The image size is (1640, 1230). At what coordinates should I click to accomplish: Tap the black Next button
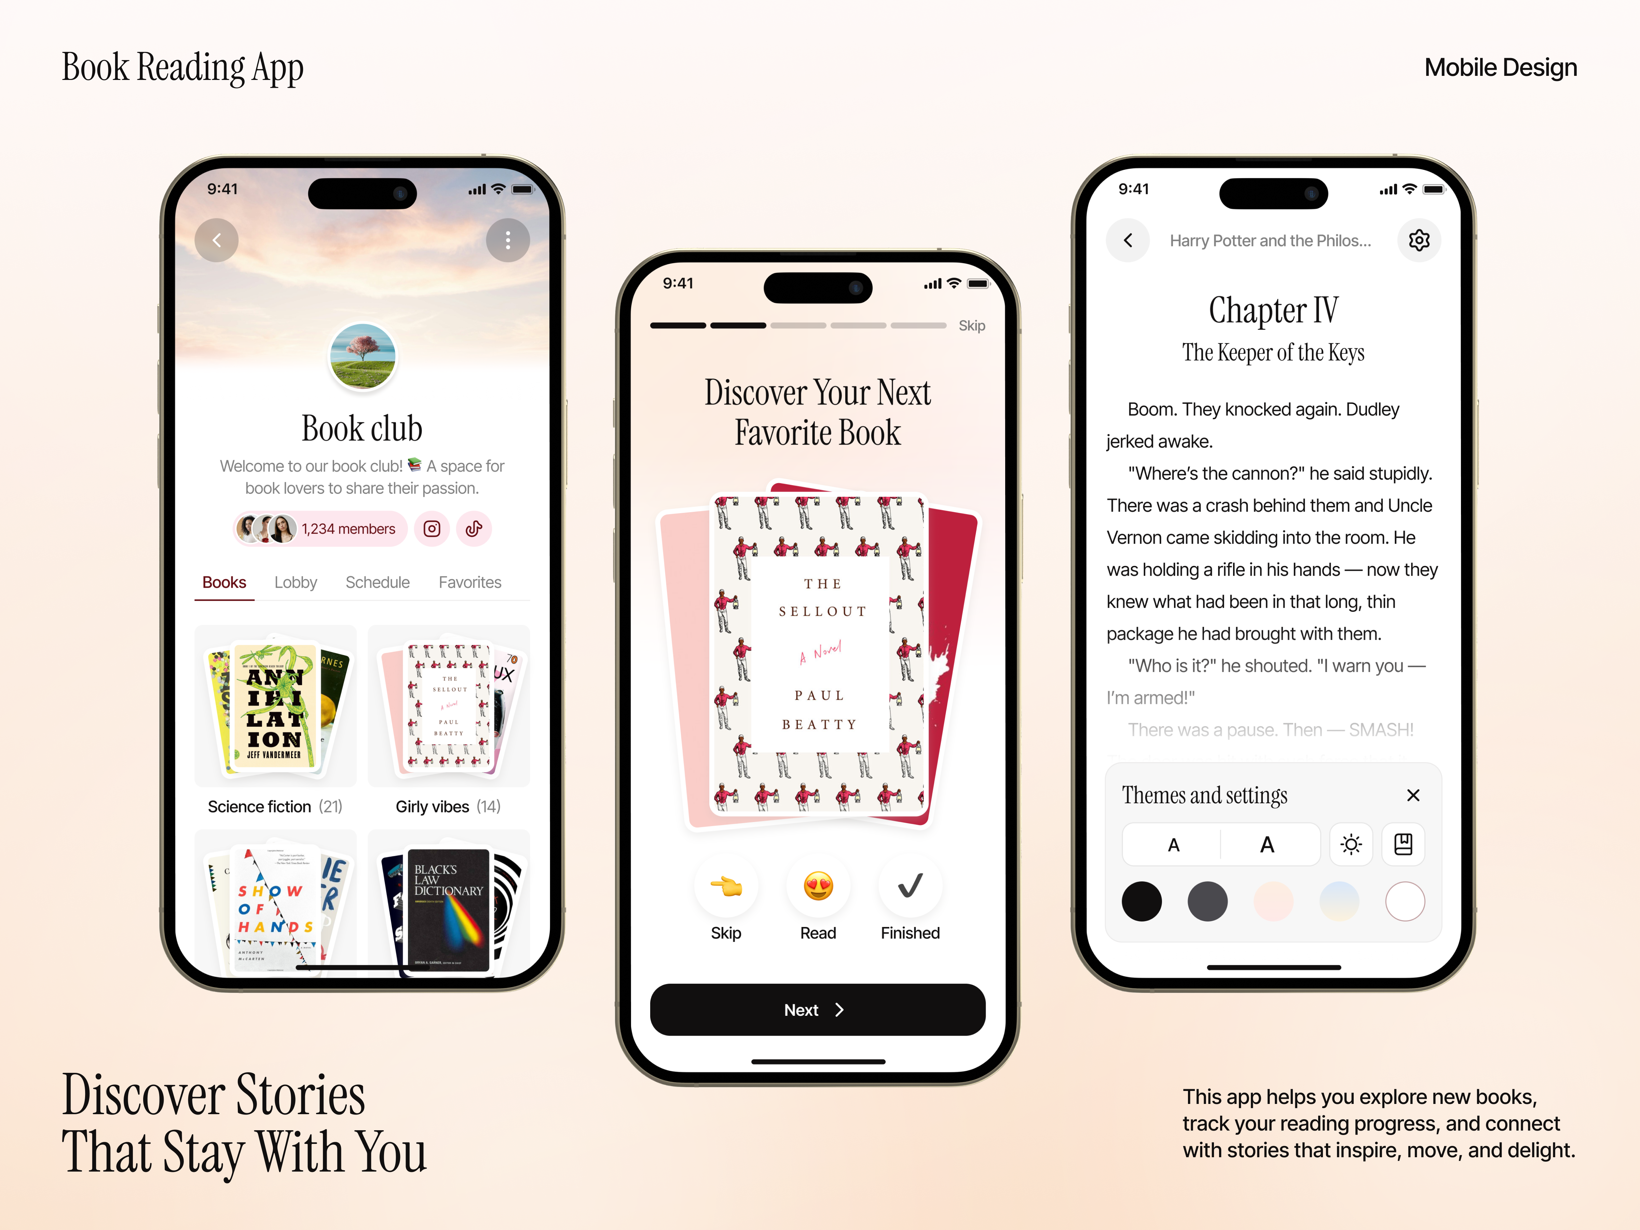[x=817, y=1010]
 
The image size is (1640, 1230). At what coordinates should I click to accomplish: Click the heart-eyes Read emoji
[x=818, y=886]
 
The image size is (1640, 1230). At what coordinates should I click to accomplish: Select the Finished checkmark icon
[x=910, y=886]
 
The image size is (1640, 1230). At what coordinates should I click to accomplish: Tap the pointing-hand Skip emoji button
[x=726, y=886]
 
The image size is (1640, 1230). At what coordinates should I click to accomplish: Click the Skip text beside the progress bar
[x=971, y=326]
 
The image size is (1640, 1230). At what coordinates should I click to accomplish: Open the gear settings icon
[x=1418, y=240]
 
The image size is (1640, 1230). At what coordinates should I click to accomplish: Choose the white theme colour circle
[x=1404, y=902]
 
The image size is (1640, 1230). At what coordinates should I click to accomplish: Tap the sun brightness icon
[x=1351, y=845]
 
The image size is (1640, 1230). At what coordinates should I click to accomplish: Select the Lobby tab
[x=295, y=583]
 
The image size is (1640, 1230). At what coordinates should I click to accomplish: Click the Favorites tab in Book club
[x=469, y=583]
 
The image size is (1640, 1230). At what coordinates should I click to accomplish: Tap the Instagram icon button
[x=432, y=529]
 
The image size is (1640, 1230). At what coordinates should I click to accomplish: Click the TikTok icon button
[x=474, y=529]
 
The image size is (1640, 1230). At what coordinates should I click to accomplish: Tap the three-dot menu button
[x=508, y=240]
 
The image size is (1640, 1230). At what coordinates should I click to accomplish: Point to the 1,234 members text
[x=348, y=529]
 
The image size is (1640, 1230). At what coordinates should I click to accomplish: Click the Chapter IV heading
[x=1273, y=310]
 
